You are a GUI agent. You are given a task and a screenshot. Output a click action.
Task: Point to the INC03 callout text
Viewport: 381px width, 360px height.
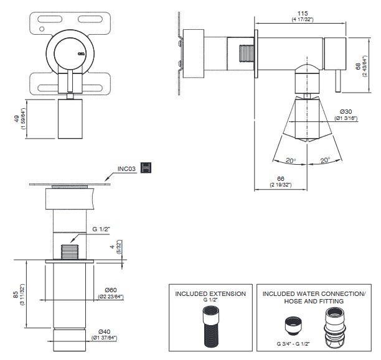[x=128, y=168]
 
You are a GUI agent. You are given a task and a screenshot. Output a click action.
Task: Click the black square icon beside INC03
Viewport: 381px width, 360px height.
[x=146, y=167]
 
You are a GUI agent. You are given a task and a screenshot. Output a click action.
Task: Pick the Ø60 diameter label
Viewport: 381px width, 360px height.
[x=111, y=290]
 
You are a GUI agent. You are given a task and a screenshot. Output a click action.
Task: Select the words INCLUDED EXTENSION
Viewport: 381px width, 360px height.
[x=210, y=293]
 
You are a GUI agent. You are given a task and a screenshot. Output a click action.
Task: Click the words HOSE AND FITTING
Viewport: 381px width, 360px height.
[x=314, y=301]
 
